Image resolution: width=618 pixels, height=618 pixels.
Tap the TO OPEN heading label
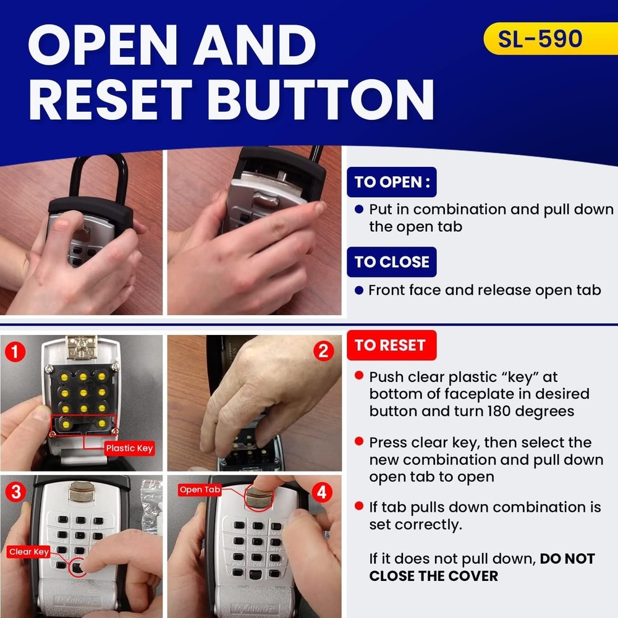[x=392, y=182]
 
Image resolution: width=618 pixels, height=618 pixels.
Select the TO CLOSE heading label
[x=392, y=262]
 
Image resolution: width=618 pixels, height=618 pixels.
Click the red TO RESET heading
[x=391, y=345]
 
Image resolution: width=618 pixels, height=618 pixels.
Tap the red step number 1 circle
[x=15, y=353]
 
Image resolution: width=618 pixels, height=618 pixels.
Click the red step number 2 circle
[x=323, y=351]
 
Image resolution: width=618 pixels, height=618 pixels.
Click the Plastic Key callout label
[x=129, y=448]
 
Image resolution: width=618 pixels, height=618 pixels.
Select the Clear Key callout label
[x=29, y=552]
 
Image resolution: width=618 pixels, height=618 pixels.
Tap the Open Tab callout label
[x=200, y=489]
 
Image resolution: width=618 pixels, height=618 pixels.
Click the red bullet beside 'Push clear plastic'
[x=358, y=376]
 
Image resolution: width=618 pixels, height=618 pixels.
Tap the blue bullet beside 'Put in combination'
[x=358, y=210]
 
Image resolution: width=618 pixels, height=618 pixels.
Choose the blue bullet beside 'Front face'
[x=358, y=290]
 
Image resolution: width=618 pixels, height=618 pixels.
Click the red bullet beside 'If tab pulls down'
[x=358, y=507]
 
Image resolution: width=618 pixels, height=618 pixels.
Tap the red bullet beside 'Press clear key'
[x=358, y=442]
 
